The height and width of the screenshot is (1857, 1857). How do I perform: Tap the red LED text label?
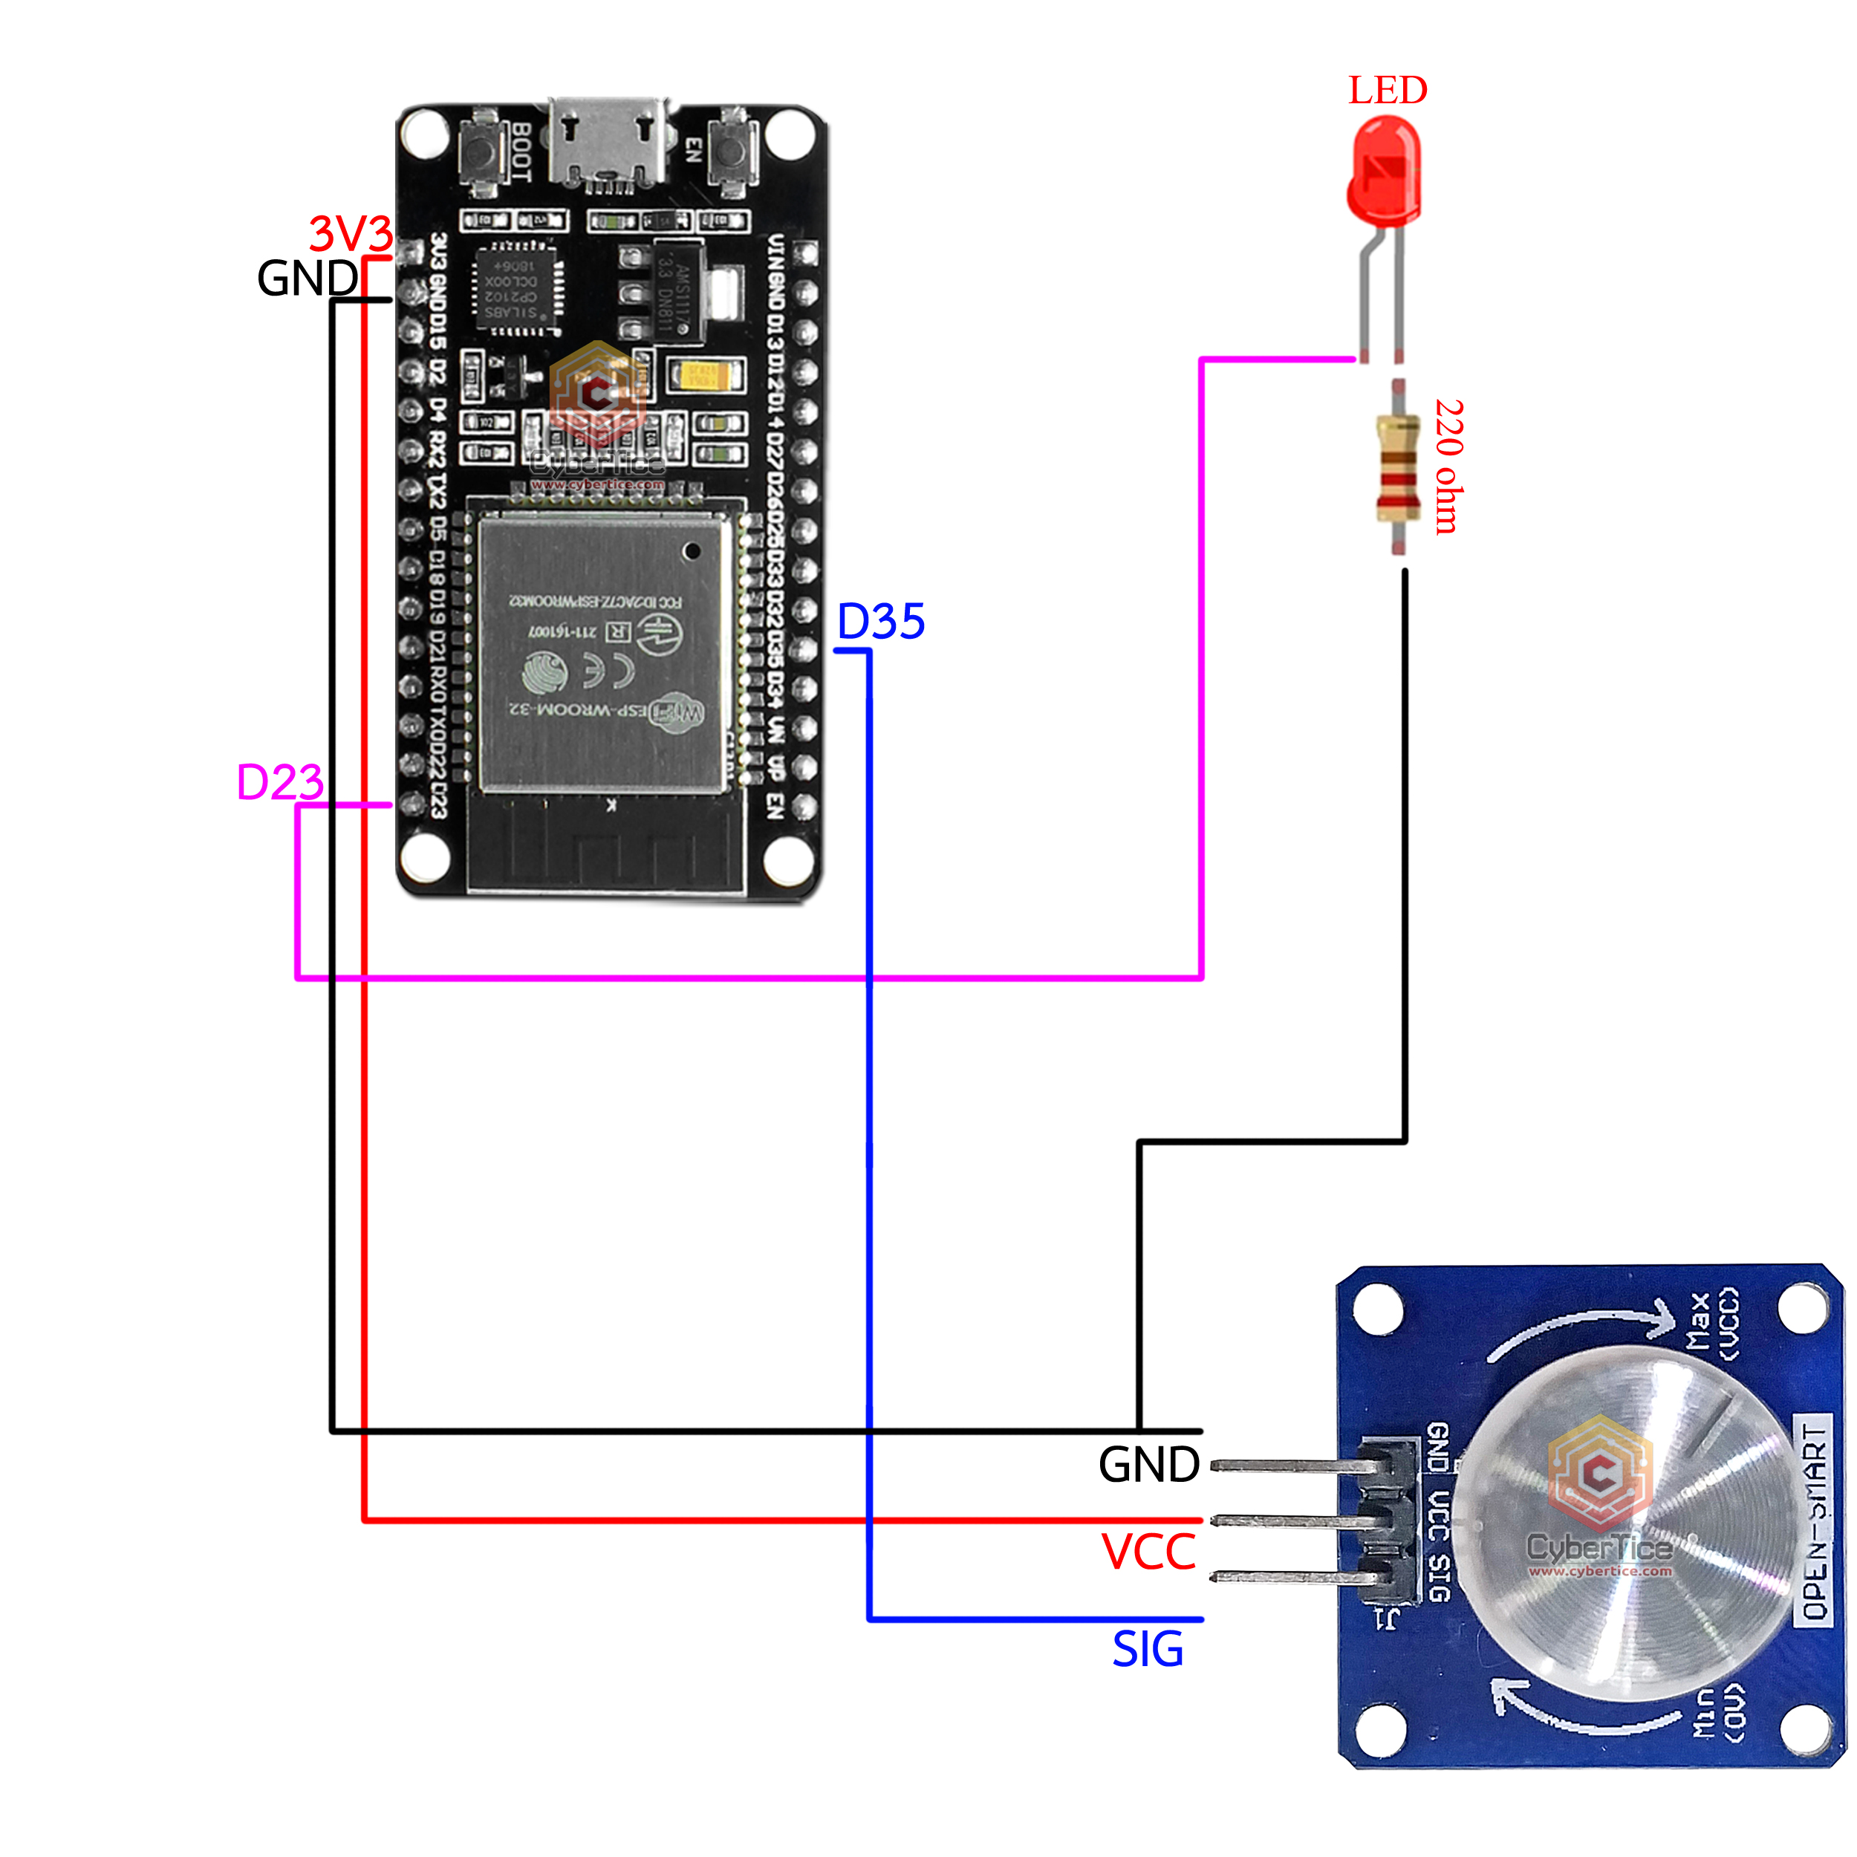[x=1387, y=91]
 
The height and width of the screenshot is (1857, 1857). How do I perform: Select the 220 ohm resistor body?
[x=1397, y=468]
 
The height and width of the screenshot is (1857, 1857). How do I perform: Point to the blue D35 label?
[x=880, y=622]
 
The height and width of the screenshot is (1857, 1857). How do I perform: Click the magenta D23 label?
[x=280, y=782]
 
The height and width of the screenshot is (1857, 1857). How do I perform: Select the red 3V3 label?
[x=351, y=233]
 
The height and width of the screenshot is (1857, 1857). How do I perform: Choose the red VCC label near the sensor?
[x=1148, y=1552]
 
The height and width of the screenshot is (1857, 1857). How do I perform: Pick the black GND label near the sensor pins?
[x=1148, y=1465]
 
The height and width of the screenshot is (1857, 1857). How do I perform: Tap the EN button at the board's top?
[x=732, y=150]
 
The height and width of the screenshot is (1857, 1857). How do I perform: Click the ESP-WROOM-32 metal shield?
[x=602, y=654]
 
